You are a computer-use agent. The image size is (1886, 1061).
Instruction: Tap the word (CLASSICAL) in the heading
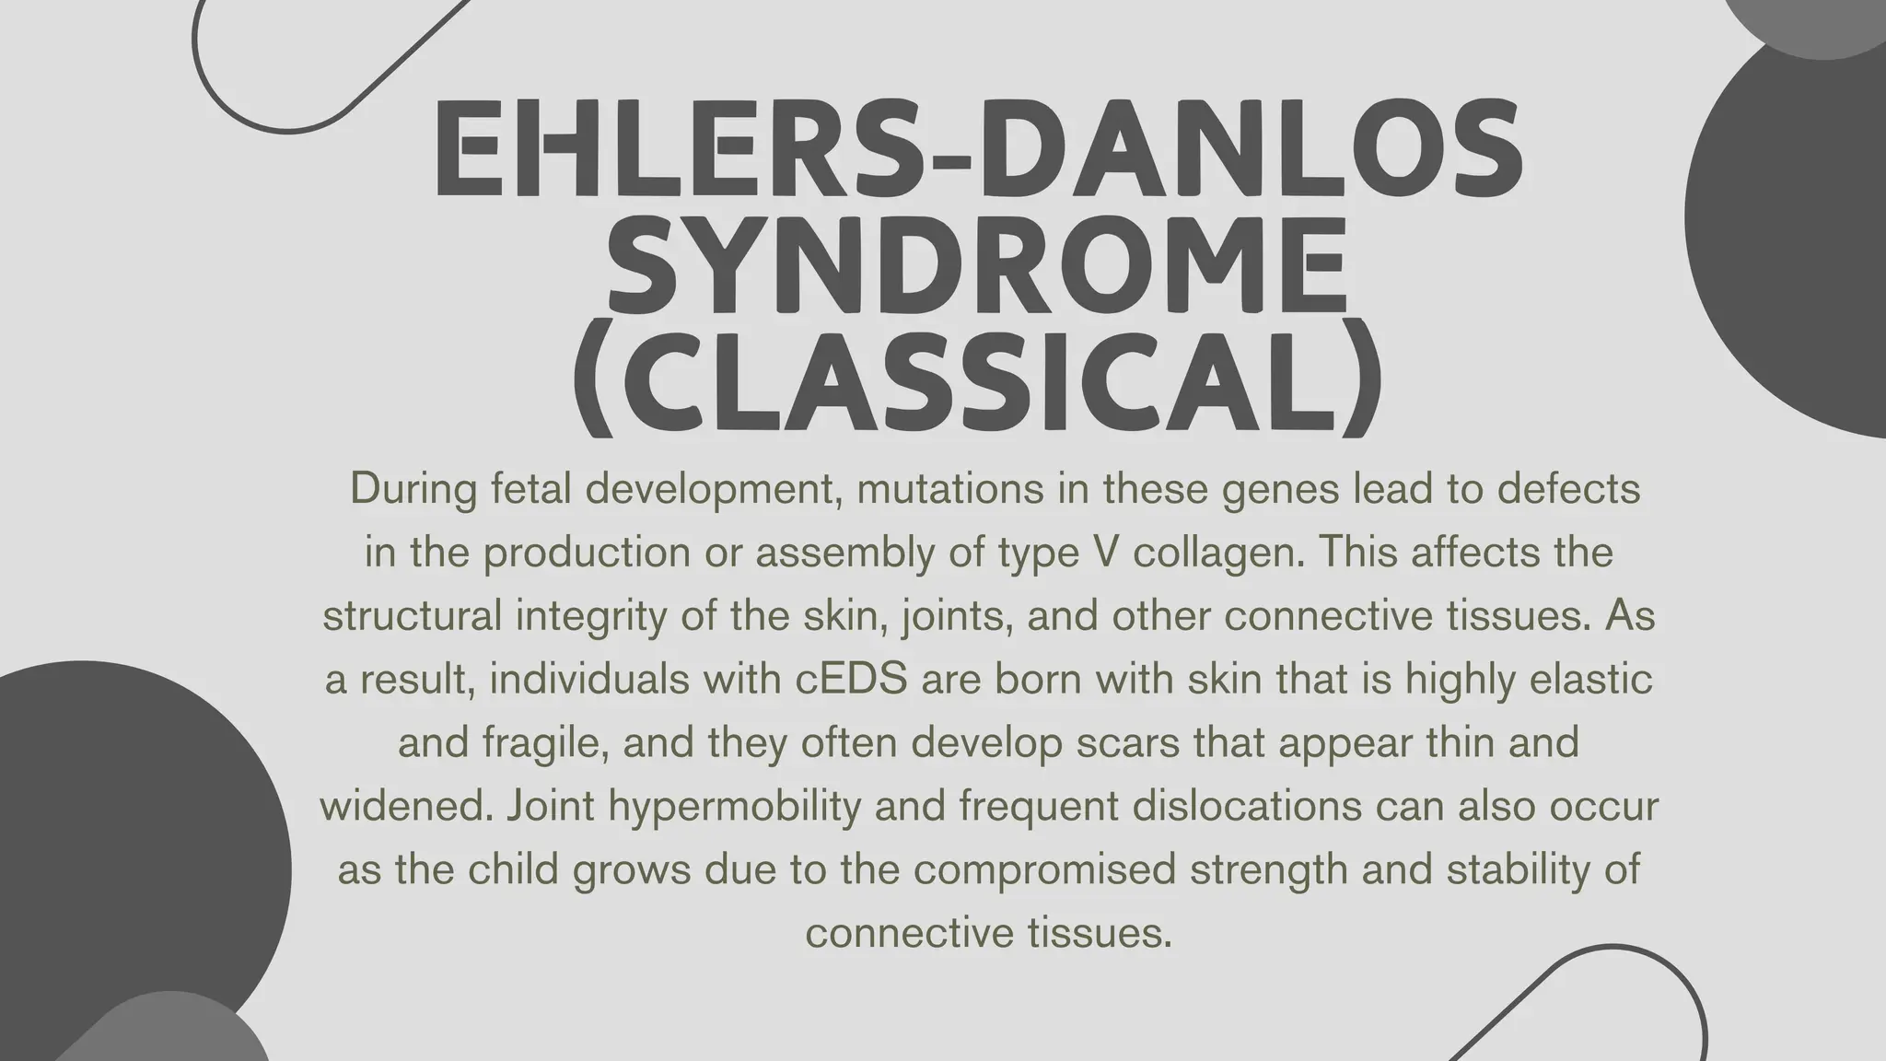coord(977,378)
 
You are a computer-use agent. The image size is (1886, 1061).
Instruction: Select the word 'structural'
coord(413,616)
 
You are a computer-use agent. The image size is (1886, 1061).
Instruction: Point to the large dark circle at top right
coord(1796,230)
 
